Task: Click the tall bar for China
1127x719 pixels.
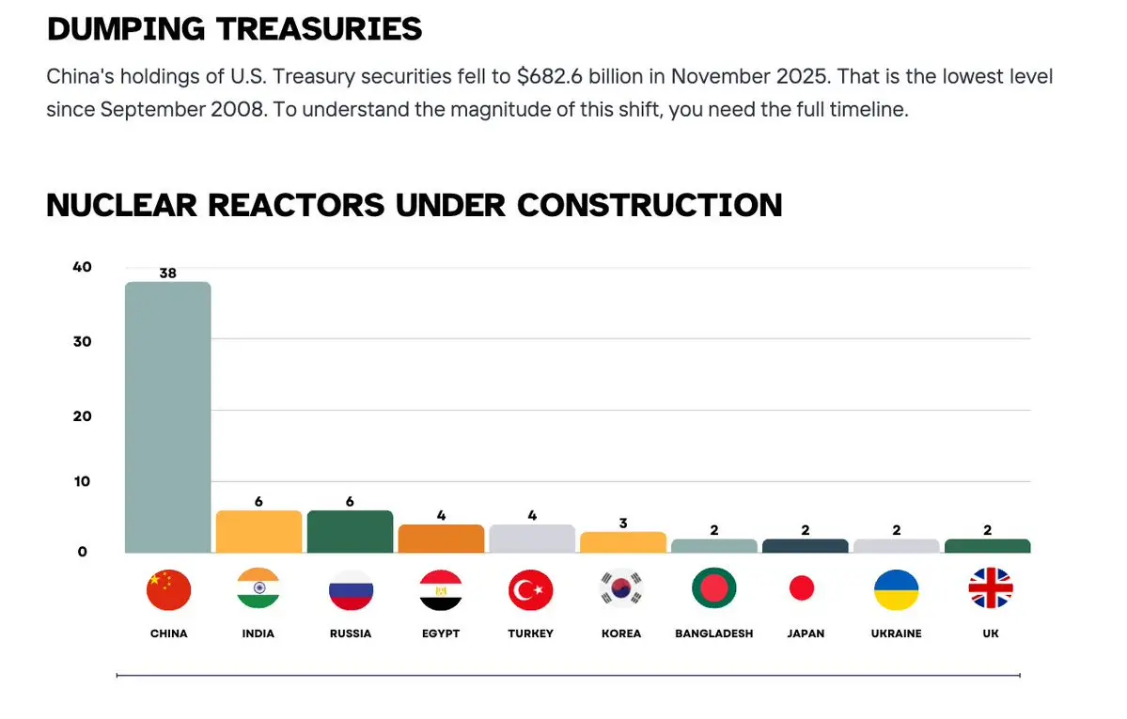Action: tap(167, 417)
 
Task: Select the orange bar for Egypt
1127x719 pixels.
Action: tap(441, 539)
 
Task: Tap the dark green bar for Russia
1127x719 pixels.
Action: tap(350, 532)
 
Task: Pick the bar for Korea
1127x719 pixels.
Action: tap(622, 542)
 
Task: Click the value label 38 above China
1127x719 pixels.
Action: tap(167, 274)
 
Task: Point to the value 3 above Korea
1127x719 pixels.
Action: tap(622, 524)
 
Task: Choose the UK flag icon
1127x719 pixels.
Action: tap(991, 589)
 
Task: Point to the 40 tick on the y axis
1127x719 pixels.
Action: tap(82, 267)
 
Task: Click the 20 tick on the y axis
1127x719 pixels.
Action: tap(82, 415)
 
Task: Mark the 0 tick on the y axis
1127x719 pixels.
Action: tap(83, 552)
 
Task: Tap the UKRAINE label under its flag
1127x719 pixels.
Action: tap(896, 633)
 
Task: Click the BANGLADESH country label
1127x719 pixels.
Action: tap(714, 633)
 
